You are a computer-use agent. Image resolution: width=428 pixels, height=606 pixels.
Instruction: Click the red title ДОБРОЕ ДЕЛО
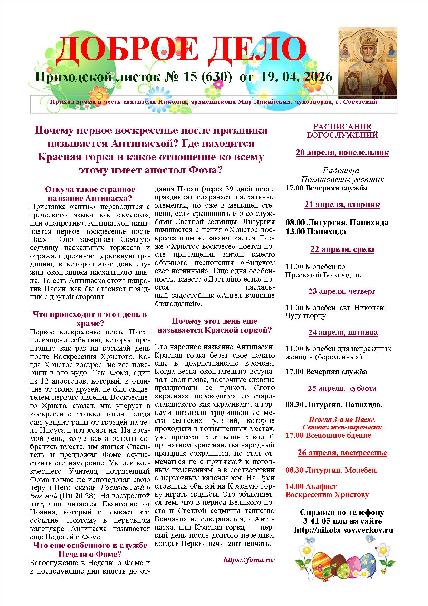pyautogui.click(x=181, y=48)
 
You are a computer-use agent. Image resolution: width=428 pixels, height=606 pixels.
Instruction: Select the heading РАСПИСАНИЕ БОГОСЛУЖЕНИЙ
pyautogui.click(x=342, y=131)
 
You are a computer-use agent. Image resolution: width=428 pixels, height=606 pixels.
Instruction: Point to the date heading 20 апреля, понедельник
pyautogui.click(x=342, y=153)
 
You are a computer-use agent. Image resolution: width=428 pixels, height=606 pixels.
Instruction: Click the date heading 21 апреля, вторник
pyautogui.click(x=342, y=205)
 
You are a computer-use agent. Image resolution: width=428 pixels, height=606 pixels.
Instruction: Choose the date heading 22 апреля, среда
pyautogui.click(x=342, y=249)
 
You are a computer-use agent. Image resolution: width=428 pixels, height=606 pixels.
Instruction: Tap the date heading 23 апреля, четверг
pyautogui.click(x=342, y=291)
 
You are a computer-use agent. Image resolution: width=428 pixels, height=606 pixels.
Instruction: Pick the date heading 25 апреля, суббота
pyautogui.click(x=342, y=388)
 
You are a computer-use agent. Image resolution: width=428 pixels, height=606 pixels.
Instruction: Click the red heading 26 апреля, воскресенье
pyautogui.click(x=342, y=453)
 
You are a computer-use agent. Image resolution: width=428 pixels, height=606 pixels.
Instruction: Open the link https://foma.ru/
pyautogui.click(x=250, y=560)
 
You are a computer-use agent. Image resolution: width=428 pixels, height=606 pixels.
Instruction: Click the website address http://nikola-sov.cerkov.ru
pyautogui.click(x=344, y=530)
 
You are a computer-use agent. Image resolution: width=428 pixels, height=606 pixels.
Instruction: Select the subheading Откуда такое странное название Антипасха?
pyautogui.click(x=90, y=194)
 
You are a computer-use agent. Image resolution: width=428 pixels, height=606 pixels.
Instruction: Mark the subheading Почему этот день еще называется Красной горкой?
pyautogui.click(x=215, y=325)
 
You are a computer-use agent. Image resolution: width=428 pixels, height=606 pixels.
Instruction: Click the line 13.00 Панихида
pyautogui.click(x=315, y=231)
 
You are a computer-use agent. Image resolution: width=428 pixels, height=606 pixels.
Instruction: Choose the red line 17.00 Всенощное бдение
pyautogui.click(x=328, y=435)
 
